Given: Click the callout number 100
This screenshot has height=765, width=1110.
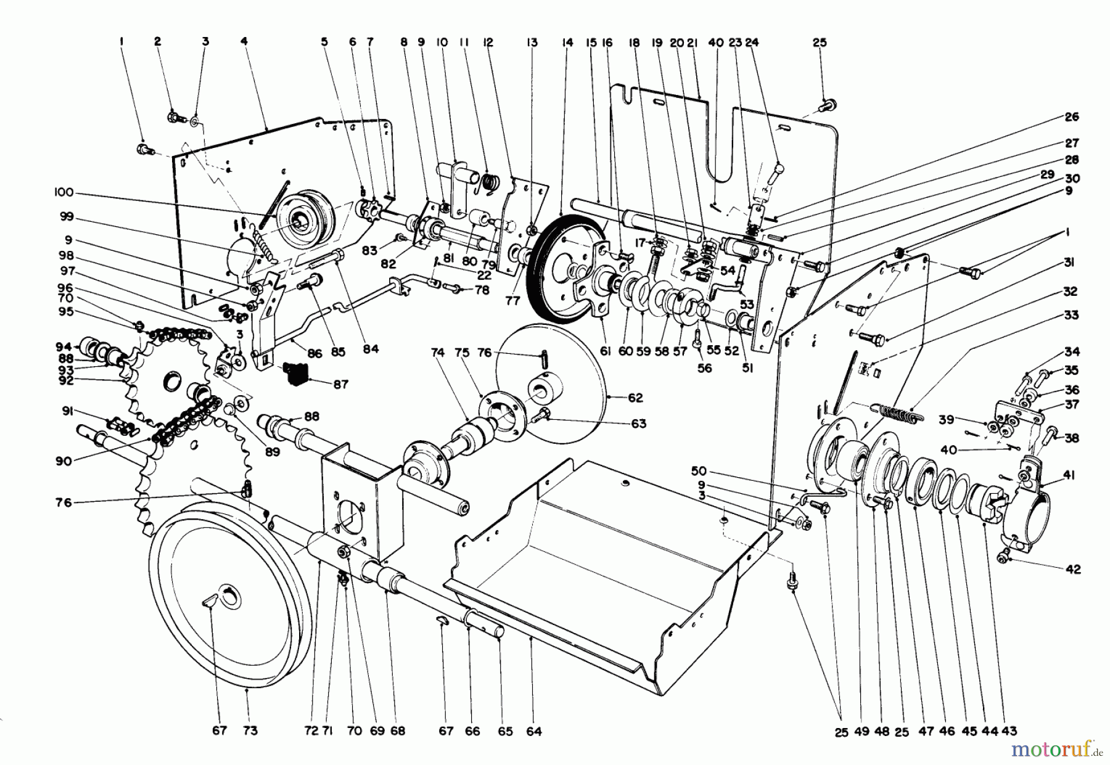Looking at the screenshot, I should click(x=64, y=193).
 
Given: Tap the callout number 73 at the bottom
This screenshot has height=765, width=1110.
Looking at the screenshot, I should click(x=249, y=731).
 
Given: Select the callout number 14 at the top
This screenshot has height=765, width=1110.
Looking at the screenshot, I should click(x=567, y=43).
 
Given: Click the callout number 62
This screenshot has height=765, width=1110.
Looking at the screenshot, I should click(x=635, y=398).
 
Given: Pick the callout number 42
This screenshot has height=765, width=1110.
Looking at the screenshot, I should click(x=1073, y=570).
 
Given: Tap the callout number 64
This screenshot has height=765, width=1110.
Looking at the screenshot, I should click(x=534, y=731).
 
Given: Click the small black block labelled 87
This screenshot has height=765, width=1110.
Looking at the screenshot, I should click(x=295, y=373).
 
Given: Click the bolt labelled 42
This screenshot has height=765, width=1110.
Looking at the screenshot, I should click(x=1005, y=557).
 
